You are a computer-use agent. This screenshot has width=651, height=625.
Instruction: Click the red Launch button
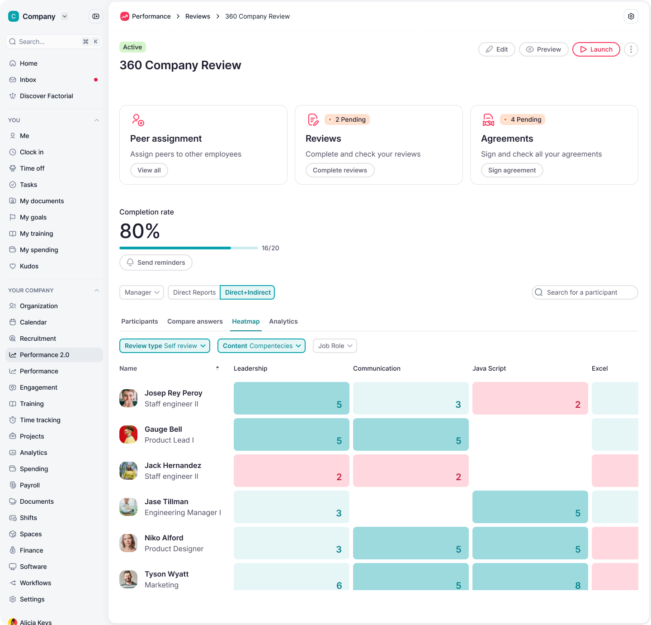point(596,49)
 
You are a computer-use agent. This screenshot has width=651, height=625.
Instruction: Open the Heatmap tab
point(245,321)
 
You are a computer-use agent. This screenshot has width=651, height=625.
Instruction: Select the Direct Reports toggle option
point(194,292)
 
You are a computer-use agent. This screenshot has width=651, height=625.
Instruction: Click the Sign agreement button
point(512,170)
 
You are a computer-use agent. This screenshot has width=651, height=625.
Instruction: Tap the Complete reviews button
point(340,170)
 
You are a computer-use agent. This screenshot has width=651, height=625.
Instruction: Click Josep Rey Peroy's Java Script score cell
point(530,398)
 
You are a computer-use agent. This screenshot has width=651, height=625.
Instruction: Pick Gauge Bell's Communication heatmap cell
point(410,434)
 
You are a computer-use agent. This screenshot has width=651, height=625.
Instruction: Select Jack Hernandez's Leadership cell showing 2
point(291,471)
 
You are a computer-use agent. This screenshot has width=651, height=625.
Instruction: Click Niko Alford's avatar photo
point(128,543)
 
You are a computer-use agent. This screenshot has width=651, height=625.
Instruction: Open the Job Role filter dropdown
point(335,346)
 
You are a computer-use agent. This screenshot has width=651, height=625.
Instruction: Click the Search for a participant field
point(585,292)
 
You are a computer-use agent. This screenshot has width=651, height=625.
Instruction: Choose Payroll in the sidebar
point(30,485)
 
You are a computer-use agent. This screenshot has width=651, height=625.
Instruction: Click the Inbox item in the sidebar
point(28,80)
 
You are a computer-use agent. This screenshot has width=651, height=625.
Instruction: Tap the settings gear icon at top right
point(631,16)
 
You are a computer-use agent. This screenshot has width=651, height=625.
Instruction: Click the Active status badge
point(132,47)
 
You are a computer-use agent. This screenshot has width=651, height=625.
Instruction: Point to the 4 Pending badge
point(523,119)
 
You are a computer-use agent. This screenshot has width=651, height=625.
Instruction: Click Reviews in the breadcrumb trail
point(198,16)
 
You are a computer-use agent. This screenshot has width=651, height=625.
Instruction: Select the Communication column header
point(377,368)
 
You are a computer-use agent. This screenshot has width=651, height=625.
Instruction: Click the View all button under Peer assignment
point(149,170)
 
